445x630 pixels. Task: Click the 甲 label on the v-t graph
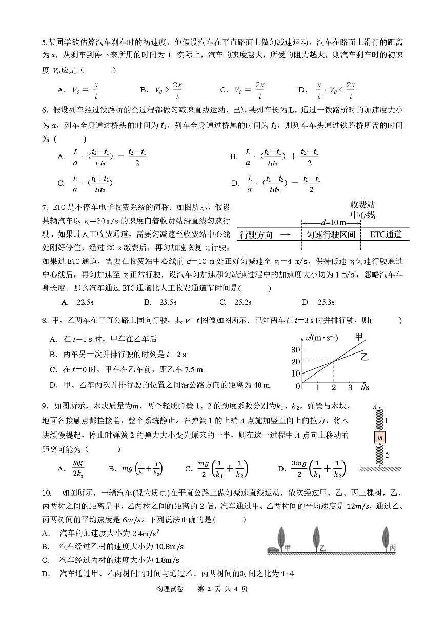[x=360, y=337]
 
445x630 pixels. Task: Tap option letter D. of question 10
[x=46, y=573]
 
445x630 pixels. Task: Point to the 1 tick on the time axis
[x=318, y=387]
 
